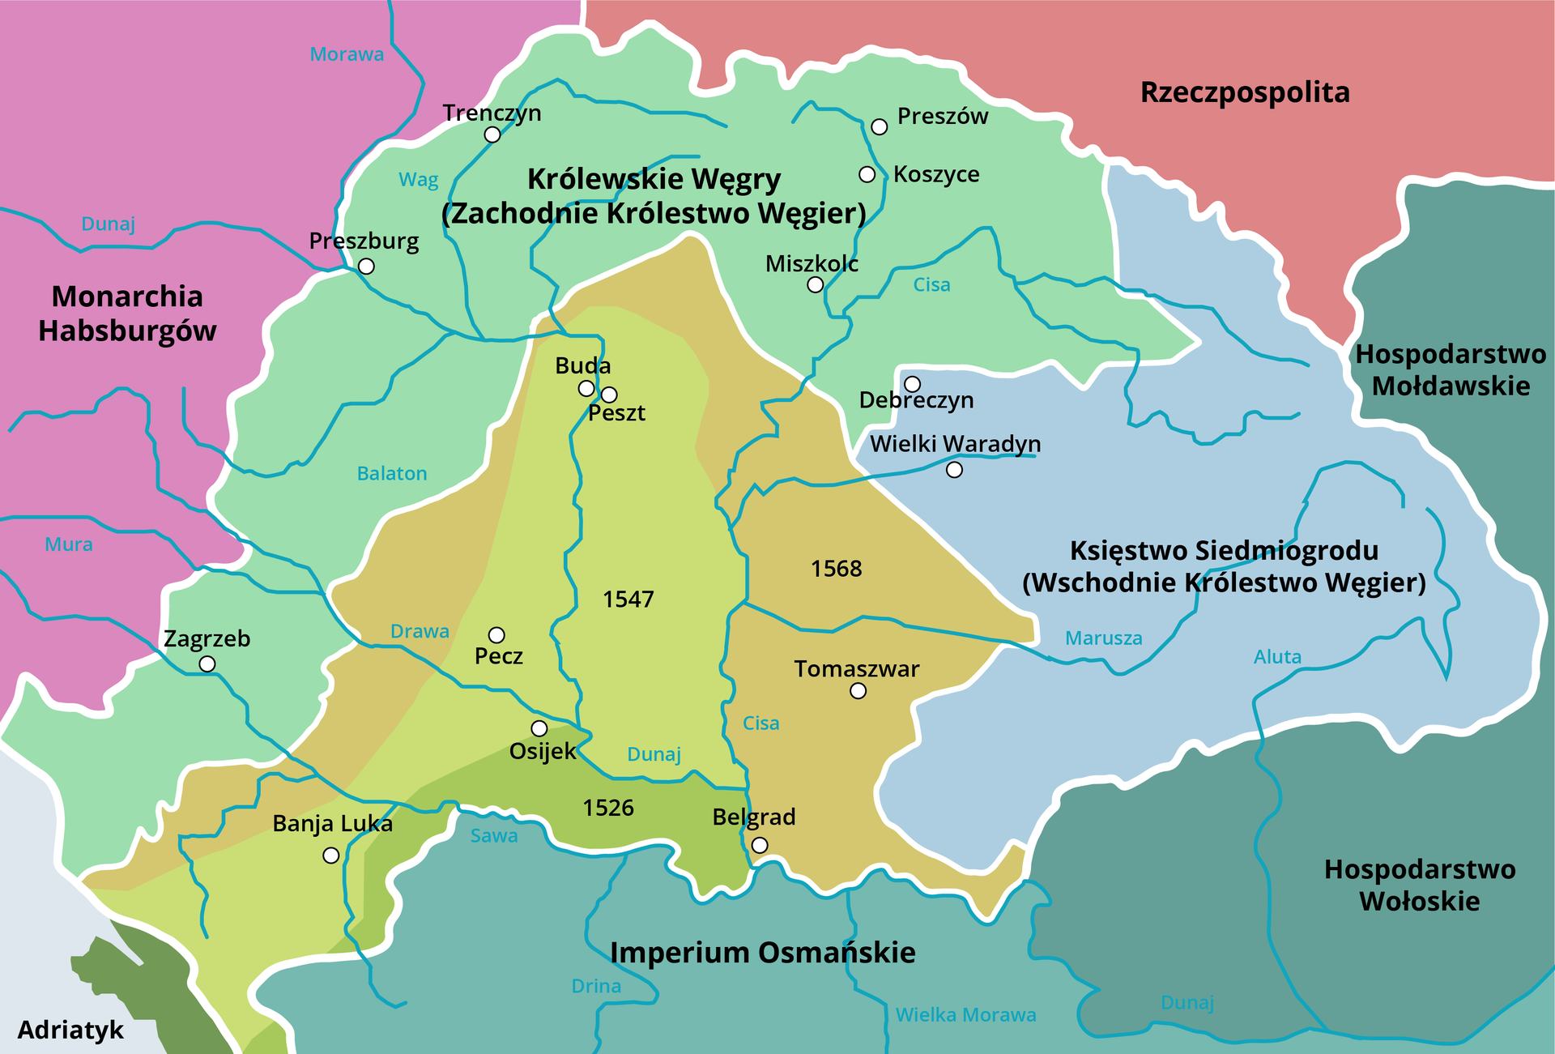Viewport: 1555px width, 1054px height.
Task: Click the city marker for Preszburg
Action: point(366,267)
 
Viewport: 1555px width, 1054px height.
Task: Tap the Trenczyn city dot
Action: point(492,134)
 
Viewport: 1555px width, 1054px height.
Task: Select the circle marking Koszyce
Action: point(867,174)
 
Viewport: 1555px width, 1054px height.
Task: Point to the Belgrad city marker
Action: point(760,845)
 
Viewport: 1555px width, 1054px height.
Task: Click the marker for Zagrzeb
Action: point(207,664)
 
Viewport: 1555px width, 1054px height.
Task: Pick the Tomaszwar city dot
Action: point(858,691)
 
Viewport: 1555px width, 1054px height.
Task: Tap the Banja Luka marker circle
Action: point(331,856)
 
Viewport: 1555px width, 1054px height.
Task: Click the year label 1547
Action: point(628,600)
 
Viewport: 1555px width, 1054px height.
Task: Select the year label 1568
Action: point(837,569)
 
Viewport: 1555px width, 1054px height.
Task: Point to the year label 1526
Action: point(608,808)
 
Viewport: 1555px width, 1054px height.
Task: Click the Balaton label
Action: point(392,473)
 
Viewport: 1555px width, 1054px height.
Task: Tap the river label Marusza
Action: point(1103,638)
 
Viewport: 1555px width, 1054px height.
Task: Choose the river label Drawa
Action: point(420,631)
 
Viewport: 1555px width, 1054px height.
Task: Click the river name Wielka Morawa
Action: point(965,1015)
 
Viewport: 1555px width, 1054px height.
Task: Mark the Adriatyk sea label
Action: point(70,1030)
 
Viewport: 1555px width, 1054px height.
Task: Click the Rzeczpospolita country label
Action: point(1245,92)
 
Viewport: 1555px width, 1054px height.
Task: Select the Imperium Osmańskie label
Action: point(762,953)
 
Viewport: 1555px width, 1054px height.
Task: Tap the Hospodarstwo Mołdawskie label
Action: point(1451,369)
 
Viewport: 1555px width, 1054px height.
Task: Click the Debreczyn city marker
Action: point(913,383)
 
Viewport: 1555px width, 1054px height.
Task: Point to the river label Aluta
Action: point(1277,657)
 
